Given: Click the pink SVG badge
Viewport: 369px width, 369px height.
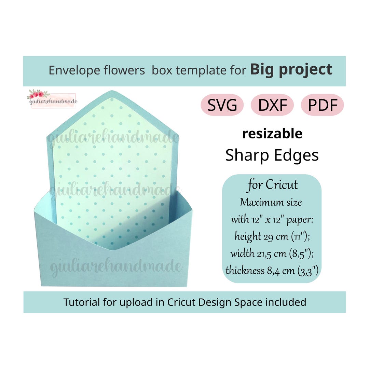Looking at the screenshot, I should pos(222,105).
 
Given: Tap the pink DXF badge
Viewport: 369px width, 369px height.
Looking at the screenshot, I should pos(272,105).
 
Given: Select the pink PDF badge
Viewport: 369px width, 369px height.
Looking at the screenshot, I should pos(322,105).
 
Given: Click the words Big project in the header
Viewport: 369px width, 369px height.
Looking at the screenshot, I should pos(291,69).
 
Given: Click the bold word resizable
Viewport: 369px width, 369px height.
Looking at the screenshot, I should pos(272,134).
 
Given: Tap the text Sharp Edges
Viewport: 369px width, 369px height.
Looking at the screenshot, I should pos(272,155).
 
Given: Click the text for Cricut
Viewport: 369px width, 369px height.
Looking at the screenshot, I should pos(273,185).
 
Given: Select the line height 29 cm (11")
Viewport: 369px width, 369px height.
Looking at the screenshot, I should pos(272,236).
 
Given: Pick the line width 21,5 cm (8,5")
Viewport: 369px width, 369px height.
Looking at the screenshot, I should pos(272,253).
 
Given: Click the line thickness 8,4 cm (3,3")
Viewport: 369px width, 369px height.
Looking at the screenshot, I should pos(272,270).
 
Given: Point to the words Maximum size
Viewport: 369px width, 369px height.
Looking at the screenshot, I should pos(271,202).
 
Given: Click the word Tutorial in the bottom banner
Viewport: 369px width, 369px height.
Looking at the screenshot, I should pos(81,302).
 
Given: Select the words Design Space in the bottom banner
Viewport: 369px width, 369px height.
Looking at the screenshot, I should pos(227,302).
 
